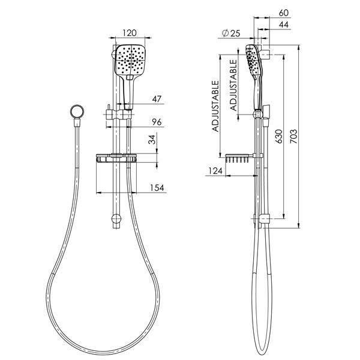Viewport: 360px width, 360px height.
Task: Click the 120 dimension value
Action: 130,33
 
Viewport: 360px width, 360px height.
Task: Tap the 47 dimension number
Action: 157,99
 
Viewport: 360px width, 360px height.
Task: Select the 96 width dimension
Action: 157,122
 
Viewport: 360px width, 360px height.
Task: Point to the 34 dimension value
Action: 152,139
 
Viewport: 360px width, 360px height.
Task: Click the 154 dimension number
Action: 157,188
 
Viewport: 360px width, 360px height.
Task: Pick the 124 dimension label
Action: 215,170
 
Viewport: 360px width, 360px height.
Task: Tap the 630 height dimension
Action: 279,136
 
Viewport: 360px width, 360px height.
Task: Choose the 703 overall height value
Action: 294,136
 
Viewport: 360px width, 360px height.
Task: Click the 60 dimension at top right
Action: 284,13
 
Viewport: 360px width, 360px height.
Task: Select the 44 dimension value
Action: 284,25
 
